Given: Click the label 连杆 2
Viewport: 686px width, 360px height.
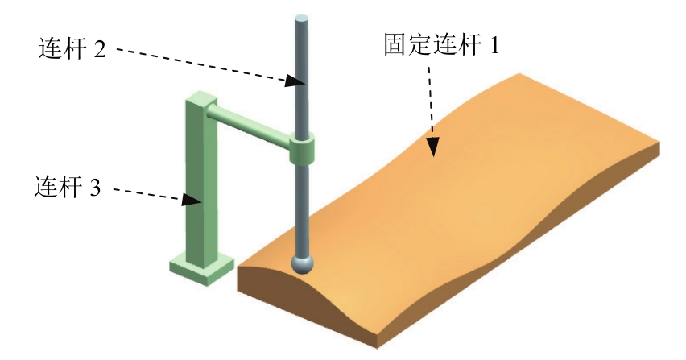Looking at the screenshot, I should [72, 49].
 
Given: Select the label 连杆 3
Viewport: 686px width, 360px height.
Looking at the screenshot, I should [68, 188].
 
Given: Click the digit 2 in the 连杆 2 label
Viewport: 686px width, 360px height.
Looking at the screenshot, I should [99, 49].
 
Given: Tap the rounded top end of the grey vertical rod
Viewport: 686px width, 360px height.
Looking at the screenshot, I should [300, 19].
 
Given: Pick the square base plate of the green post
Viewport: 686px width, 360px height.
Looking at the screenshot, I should [202, 268].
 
